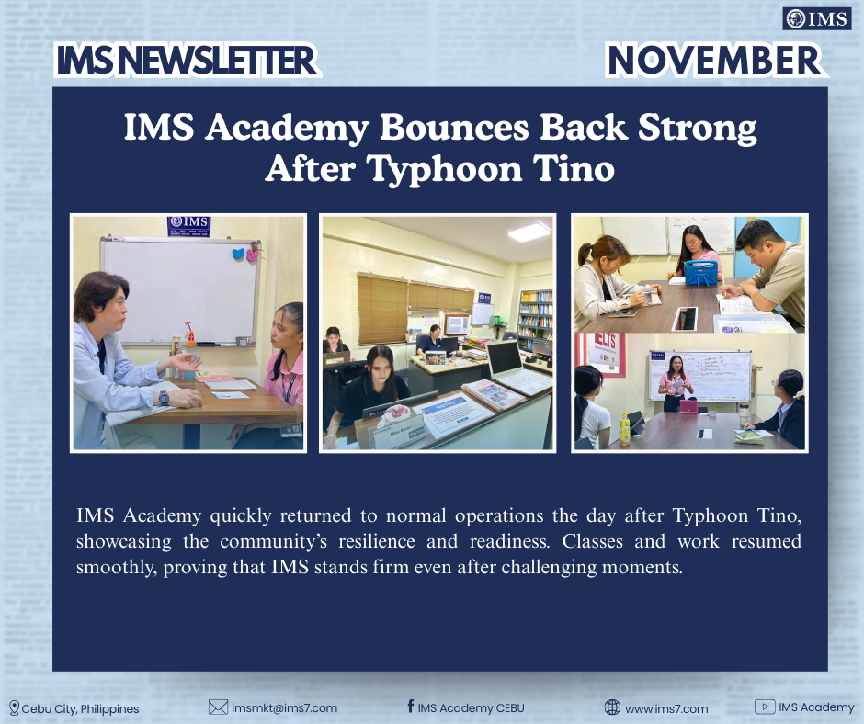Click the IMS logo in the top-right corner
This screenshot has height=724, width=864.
coord(816,19)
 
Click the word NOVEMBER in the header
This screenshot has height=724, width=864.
coord(714,60)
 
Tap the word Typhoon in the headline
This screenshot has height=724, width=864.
coord(444,169)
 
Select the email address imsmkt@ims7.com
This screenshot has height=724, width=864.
coord(284,708)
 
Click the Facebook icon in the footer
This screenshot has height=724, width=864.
coord(411,706)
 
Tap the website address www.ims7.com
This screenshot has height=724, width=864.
coord(666,708)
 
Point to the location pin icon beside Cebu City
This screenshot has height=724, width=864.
coord(15,708)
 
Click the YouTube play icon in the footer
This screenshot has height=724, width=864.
coord(765,707)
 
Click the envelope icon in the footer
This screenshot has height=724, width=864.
coord(218,707)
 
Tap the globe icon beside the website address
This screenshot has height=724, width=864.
coord(612,707)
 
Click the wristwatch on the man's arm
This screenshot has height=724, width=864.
coord(165,397)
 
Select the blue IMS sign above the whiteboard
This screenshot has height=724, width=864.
coord(189,226)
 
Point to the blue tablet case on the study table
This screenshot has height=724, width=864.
coord(700,273)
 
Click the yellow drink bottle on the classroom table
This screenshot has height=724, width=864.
coord(624,430)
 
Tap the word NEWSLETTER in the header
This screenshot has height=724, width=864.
coord(218,61)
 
